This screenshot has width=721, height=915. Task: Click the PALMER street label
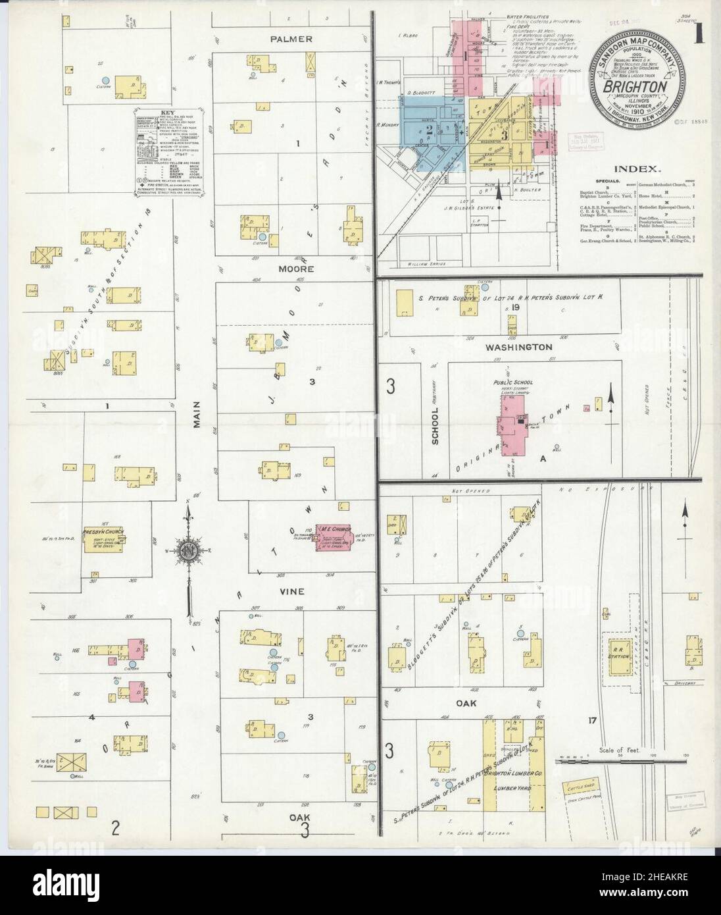point(290,39)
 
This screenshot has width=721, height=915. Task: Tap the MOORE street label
point(290,269)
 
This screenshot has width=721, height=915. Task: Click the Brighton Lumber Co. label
point(512,774)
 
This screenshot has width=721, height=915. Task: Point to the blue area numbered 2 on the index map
point(428,131)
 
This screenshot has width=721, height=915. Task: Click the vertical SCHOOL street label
point(435,424)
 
